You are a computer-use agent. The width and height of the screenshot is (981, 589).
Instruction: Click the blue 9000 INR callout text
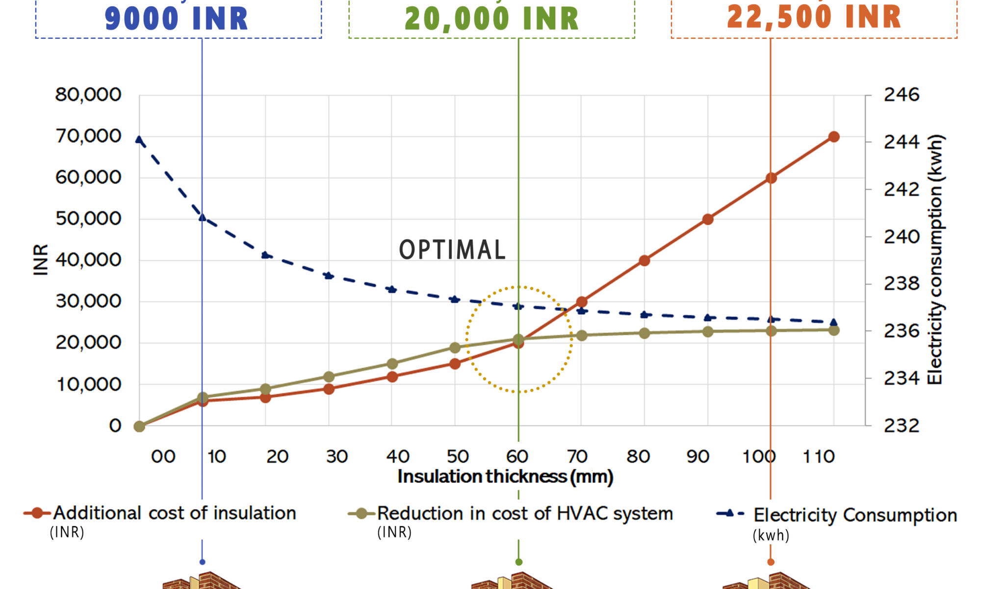coord(177,19)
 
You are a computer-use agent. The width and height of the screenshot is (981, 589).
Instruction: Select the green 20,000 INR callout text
coord(491,19)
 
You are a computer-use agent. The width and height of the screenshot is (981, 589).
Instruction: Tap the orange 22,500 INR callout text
coord(814,17)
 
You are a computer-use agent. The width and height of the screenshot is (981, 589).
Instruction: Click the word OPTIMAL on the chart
coord(452,250)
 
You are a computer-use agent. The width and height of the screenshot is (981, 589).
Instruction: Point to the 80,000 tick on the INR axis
coord(88,95)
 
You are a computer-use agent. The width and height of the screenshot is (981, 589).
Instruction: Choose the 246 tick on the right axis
coord(902,95)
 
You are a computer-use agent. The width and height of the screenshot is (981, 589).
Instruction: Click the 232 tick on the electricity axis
coord(902,426)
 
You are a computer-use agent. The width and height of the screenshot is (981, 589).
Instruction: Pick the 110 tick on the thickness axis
coord(818,457)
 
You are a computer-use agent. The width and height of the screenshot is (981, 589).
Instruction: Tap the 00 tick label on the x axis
coord(163,457)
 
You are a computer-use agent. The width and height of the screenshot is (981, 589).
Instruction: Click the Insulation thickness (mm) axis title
coord(505,477)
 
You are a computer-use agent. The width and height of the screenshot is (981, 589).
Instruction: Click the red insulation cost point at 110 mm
coord(834,137)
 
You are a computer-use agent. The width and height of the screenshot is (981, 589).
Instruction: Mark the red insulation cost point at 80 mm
coord(645,261)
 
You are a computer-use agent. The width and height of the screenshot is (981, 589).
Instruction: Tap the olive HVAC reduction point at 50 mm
coord(455,348)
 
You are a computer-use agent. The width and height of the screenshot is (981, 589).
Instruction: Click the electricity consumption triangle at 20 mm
coord(265,255)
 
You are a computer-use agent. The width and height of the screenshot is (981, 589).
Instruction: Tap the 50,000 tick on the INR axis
coord(88,219)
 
